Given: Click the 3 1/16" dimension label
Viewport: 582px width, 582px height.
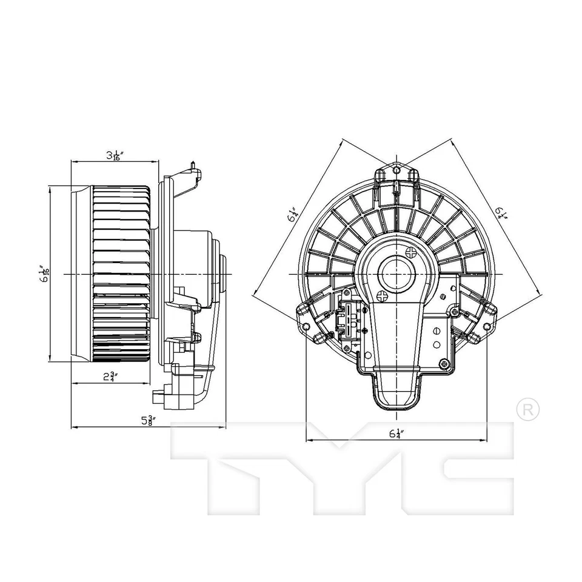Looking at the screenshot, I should [x=113, y=156].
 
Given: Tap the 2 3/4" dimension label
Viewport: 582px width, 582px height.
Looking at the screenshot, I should [x=110, y=377].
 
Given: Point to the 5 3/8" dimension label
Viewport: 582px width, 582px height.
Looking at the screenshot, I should [x=147, y=421].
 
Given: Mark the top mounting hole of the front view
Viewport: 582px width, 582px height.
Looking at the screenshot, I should [x=396, y=168].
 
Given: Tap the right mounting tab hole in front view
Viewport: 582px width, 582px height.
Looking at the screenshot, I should [x=487, y=327].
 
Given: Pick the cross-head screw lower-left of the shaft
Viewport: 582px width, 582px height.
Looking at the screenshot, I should [x=382, y=296].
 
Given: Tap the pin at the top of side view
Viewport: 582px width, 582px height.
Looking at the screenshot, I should [x=193, y=164].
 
